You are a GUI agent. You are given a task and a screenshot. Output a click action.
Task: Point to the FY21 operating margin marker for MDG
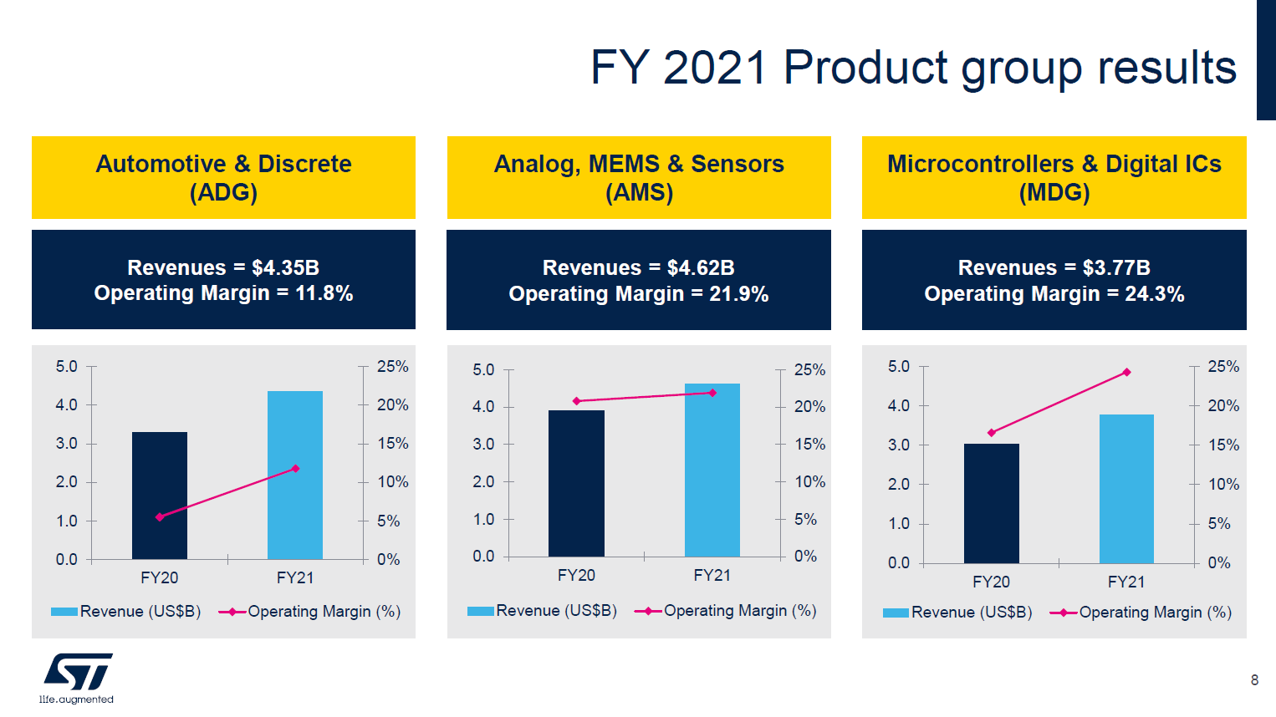1126,372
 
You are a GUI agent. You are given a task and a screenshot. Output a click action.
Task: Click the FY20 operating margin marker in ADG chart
160,517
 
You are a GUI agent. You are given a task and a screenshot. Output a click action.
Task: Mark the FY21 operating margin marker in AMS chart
712,393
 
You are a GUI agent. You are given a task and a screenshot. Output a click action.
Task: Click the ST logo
78,672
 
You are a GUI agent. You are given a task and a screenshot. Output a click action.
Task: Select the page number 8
1253,680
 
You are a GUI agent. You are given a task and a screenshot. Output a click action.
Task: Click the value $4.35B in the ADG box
285,267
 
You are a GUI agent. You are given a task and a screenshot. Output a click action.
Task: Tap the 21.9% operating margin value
738,294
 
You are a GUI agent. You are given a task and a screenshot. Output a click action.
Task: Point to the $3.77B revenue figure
1116,267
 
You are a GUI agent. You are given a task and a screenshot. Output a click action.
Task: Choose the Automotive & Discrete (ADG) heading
223,177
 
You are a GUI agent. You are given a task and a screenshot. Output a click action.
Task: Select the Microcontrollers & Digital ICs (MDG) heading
1054,177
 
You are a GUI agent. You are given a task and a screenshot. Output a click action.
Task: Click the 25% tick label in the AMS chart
809,369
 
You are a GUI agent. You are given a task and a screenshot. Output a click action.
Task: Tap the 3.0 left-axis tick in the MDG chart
898,445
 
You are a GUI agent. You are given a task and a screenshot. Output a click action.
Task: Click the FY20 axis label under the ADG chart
159,577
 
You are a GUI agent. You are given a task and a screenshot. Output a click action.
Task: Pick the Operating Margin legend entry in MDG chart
1143,613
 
